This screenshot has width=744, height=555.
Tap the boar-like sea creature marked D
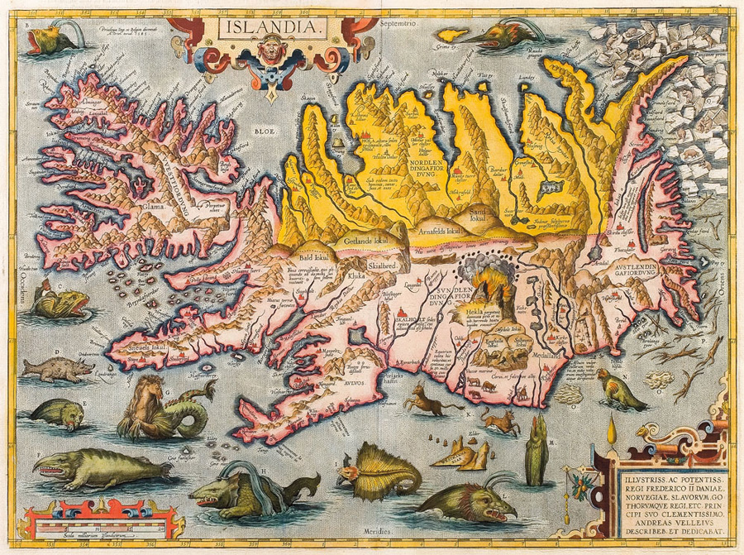click(x=56, y=368)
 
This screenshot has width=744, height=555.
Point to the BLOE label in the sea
click(x=265, y=130)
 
